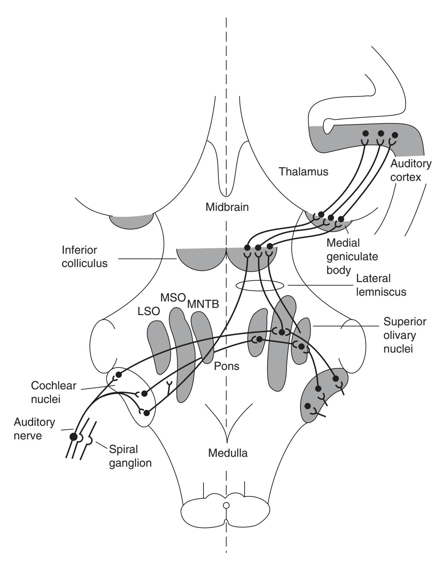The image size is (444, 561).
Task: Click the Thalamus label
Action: click(x=303, y=171)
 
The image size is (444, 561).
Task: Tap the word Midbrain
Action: click(x=227, y=207)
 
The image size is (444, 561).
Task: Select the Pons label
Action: click(x=227, y=366)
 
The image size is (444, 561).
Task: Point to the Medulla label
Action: click(x=228, y=453)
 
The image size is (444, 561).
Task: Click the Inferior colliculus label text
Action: click(x=84, y=256)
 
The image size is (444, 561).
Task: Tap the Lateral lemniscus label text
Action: click(x=381, y=285)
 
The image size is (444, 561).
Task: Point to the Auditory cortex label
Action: click(x=410, y=170)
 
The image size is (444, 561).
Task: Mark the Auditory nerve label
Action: click(x=34, y=429)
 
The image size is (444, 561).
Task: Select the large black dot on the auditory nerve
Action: click(x=73, y=437)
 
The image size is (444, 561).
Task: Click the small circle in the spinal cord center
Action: click(x=226, y=505)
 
